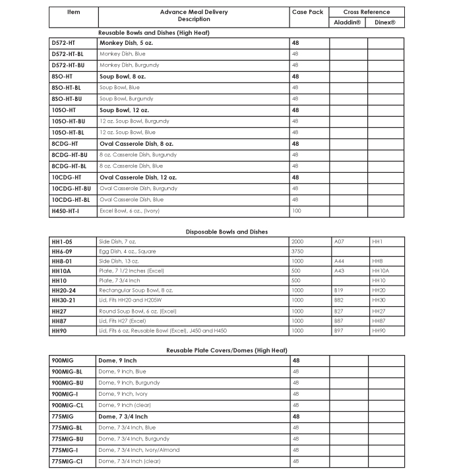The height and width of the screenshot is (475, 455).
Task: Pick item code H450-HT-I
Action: (65, 211)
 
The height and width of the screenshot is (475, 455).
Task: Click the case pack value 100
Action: (296, 211)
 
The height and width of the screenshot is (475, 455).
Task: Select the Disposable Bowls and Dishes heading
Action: (227, 232)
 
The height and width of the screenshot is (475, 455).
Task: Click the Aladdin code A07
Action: (339, 241)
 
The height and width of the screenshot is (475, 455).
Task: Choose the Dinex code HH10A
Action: (380, 270)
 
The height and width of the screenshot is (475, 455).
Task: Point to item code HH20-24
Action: (63, 290)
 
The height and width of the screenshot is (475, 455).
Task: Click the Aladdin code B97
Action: (339, 330)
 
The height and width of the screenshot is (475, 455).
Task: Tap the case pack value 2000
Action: (297, 241)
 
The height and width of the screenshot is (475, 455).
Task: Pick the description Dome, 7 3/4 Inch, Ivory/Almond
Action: (138, 450)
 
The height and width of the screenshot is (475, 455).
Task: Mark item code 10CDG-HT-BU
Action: (71, 189)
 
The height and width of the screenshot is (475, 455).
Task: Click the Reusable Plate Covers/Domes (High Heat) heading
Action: (227, 350)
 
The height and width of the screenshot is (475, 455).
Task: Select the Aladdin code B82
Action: (339, 300)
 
